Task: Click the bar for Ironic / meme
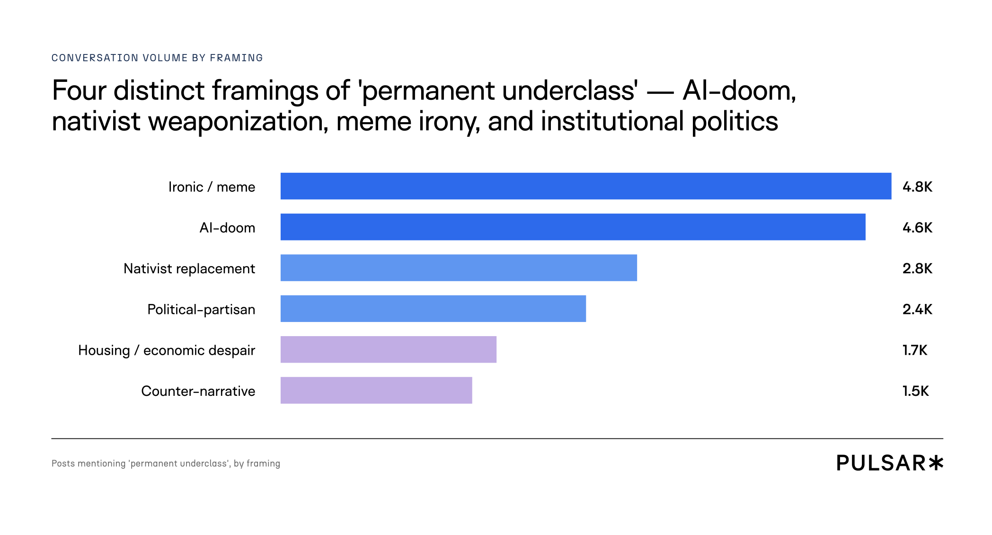586,186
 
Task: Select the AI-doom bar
573,227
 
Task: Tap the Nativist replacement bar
459,267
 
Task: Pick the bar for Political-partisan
433,309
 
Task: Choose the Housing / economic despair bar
389,349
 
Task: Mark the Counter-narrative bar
376,390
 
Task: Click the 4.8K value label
917,187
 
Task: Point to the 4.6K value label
917,228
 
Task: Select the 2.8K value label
917,268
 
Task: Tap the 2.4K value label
917,309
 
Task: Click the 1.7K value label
915,350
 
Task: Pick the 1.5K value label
916,391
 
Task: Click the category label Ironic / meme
212,187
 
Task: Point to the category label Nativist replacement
189,269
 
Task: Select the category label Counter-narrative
198,391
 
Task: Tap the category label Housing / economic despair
167,351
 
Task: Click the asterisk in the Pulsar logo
936,463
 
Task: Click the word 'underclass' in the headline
570,91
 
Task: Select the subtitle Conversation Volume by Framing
157,58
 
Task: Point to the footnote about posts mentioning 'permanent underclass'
166,464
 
